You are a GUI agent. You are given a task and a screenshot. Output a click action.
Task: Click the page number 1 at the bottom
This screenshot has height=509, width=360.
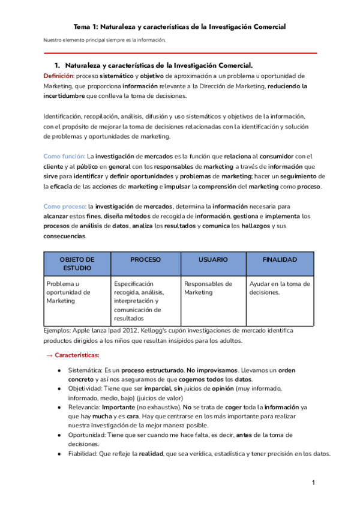pos(313,483)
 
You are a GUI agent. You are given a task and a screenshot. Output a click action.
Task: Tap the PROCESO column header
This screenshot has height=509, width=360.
pos(145,259)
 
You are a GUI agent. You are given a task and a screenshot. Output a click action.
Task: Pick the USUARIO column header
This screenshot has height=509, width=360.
pos(213,259)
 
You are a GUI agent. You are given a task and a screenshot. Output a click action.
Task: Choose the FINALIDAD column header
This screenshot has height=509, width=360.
pos(280,259)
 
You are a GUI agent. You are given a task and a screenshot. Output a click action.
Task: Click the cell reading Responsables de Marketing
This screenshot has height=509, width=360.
pos(208,288)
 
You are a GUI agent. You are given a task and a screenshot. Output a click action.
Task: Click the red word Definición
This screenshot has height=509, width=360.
pos(58,76)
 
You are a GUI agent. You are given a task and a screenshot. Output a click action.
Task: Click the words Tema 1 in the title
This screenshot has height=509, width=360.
pos(85,27)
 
